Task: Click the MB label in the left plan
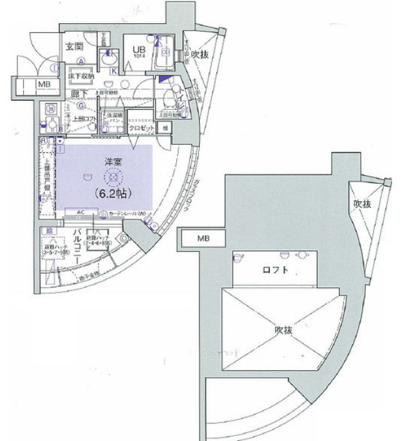44,84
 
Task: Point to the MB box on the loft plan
203,239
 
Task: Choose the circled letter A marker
82,61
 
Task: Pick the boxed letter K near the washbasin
113,71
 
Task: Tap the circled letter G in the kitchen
81,106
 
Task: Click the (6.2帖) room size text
113,191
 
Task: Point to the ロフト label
276,270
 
